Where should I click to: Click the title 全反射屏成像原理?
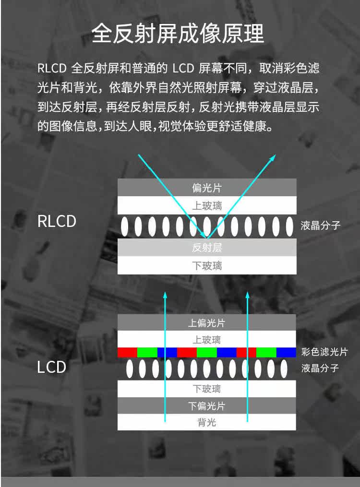(178, 34)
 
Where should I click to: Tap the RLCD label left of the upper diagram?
(57, 222)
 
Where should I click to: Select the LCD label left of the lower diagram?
(51, 367)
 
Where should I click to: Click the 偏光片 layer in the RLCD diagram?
(207, 188)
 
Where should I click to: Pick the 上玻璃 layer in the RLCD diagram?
(207, 205)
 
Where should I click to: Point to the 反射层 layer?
(207, 248)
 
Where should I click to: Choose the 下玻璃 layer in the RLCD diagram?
(207, 265)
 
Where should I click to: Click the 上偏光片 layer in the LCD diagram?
(206, 323)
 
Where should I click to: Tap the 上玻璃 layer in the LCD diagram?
(206, 340)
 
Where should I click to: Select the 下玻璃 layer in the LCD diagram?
(206, 389)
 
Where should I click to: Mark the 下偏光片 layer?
(206, 406)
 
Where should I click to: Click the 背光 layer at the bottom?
(206, 422)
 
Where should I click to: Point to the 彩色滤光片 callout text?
(324, 352)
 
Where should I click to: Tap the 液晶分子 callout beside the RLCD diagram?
(320, 226)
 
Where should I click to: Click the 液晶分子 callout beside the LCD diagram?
(320, 368)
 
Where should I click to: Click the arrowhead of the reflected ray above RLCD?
(273, 157)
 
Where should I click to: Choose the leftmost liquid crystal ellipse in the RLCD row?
(125, 226)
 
